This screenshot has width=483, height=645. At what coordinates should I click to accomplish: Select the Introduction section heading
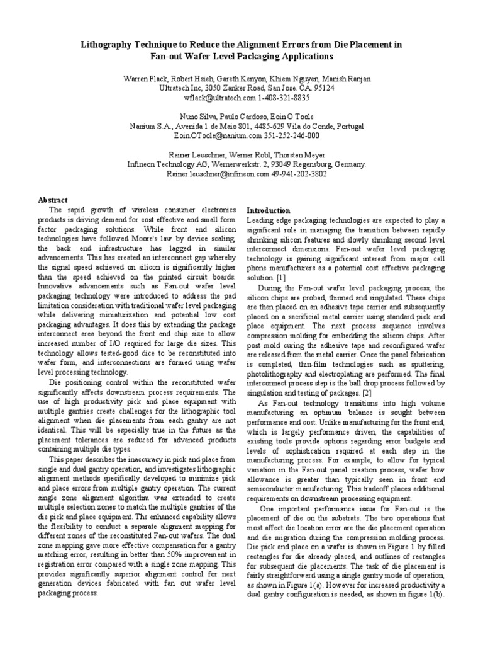pos(268,210)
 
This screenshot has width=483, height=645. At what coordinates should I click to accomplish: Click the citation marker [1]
pos(280,278)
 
